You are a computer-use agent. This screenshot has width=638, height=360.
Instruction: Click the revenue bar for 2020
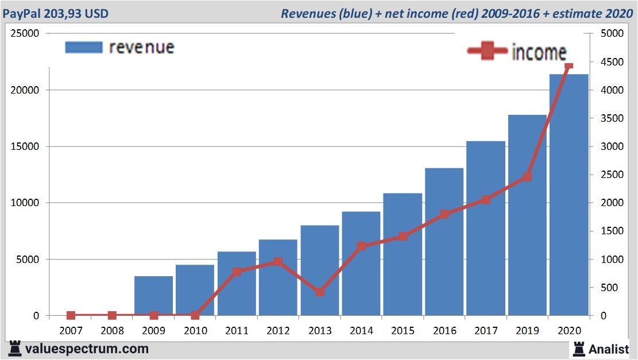point(569,195)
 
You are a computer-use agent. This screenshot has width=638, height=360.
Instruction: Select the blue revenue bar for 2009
point(153,296)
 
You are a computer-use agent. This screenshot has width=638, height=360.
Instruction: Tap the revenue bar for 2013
point(320,270)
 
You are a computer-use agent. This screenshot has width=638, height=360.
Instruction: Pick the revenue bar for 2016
point(444,241)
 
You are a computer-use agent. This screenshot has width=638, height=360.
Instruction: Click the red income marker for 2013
point(320,292)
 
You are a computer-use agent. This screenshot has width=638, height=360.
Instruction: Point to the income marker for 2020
point(569,67)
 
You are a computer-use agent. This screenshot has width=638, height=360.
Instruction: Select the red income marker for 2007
point(71,315)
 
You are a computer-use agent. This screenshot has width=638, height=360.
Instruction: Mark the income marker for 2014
point(362,246)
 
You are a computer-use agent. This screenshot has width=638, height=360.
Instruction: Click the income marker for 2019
point(527,177)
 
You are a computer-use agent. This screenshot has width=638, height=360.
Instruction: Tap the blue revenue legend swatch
point(84,47)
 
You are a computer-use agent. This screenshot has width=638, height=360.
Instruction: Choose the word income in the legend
point(539,52)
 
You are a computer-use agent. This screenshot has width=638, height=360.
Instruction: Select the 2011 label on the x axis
point(237,331)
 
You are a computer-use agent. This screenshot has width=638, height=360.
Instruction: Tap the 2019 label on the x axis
point(527,331)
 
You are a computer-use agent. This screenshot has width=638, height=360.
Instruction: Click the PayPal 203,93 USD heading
point(56,13)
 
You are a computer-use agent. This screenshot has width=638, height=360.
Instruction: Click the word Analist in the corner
point(609,348)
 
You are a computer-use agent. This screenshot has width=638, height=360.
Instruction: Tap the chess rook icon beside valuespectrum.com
point(15,349)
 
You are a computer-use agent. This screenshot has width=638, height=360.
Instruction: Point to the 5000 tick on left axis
point(28,260)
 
